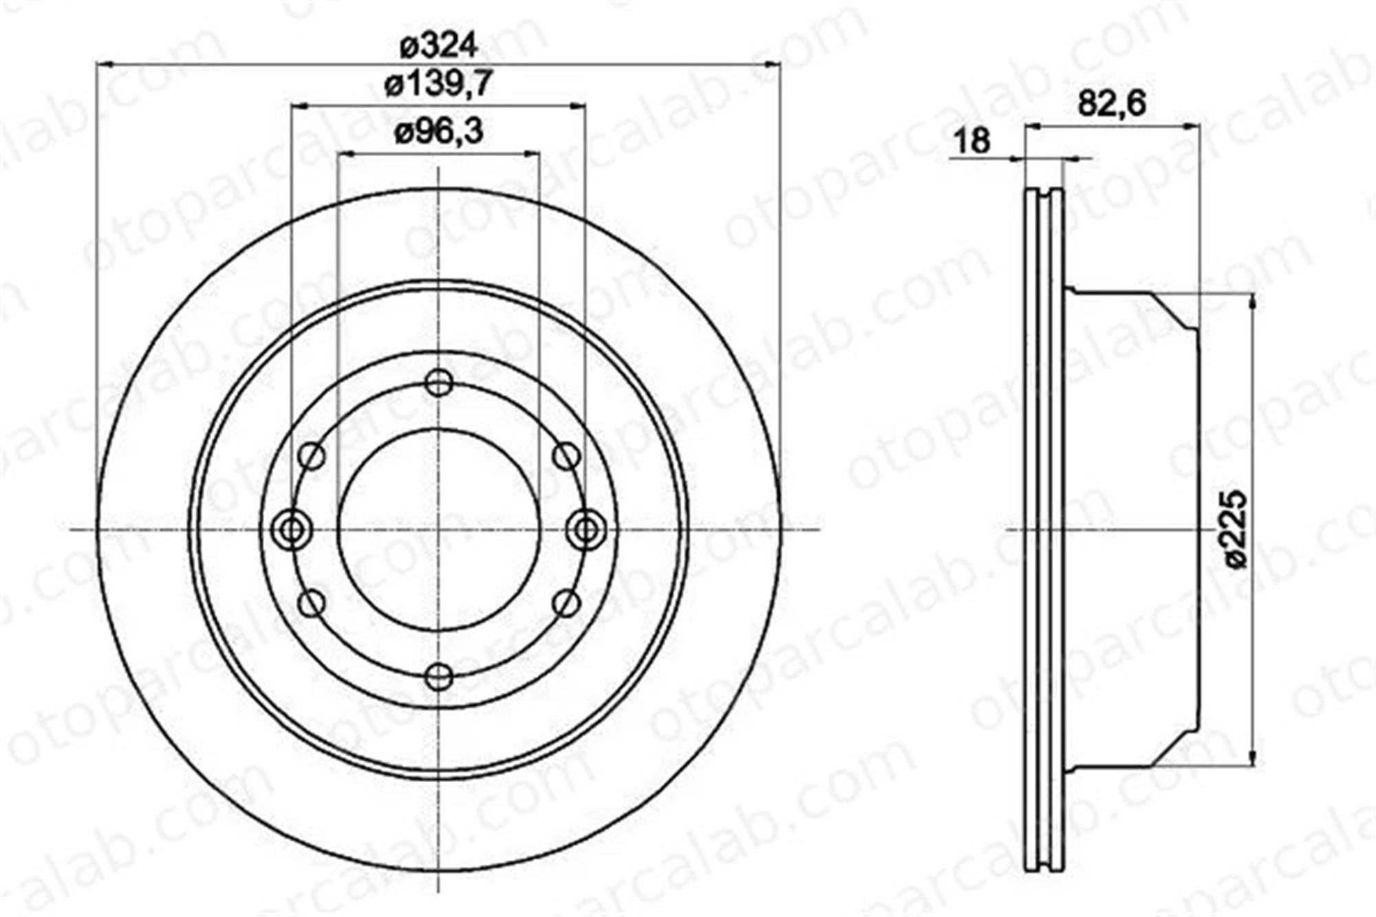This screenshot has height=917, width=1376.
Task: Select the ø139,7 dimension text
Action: [x=439, y=85]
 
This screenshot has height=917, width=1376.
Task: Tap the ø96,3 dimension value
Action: [x=439, y=131]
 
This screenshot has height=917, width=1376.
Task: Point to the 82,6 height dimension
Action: [x=1112, y=104]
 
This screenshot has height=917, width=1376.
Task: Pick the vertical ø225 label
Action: [x=1236, y=529]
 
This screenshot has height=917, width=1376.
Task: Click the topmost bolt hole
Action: [x=439, y=382]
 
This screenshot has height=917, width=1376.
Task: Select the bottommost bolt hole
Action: [x=439, y=677]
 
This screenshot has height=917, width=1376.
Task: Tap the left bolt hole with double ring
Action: [x=292, y=530]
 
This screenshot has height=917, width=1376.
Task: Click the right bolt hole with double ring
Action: [x=586, y=530]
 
